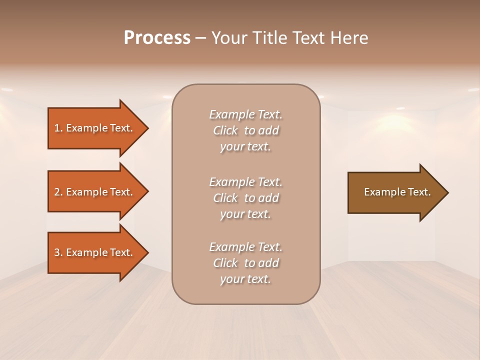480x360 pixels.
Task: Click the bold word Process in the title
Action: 157,38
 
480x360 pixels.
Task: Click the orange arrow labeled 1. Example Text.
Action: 95,128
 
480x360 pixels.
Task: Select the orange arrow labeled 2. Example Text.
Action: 95,192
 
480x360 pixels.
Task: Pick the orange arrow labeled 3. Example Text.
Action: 95,252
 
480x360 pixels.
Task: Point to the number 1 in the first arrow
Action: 57,128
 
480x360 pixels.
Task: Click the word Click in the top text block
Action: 225,130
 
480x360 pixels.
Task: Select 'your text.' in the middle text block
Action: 245,214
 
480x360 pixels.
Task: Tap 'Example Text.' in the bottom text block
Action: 245,247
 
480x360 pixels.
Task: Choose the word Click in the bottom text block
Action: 225,263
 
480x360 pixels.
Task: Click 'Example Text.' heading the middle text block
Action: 245,182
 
